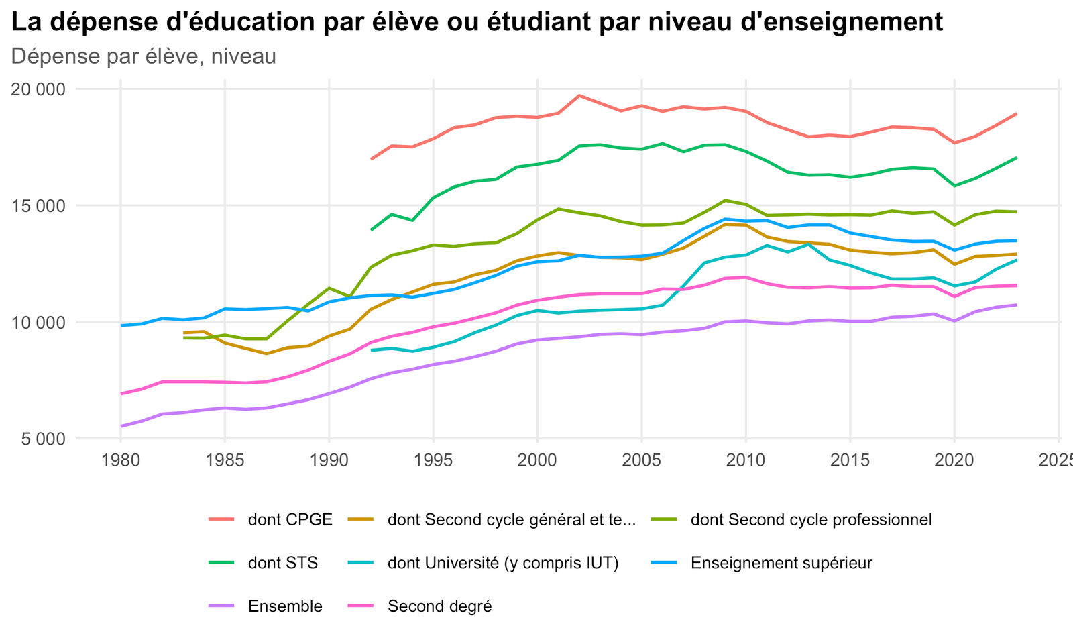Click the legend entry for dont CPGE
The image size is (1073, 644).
pyautogui.click(x=290, y=519)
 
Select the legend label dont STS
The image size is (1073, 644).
pyautogui.click(x=282, y=563)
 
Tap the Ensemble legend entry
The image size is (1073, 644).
pyautogui.click(x=285, y=606)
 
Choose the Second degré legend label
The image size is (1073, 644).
pyautogui.click(x=439, y=606)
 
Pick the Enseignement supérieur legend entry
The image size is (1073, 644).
pyautogui.click(x=781, y=563)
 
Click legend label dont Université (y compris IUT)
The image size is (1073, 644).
pyautogui.click(x=503, y=563)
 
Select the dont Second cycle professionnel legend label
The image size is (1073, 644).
pyautogui.click(x=811, y=519)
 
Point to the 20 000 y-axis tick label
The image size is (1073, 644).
pyautogui.click(x=37, y=89)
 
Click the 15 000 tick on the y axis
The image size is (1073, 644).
pyautogui.click(x=37, y=206)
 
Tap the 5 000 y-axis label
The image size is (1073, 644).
pyautogui.click(x=42, y=439)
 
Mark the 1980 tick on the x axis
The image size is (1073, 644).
pyautogui.click(x=120, y=460)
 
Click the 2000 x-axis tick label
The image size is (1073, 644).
pyautogui.click(x=537, y=460)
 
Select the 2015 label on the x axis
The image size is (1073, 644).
pyautogui.click(x=850, y=460)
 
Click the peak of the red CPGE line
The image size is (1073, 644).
pyautogui.click(x=579, y=95)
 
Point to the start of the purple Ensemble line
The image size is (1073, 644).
pyautogui.click(x=121, y=426)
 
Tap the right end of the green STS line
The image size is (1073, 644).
pyautogui.click(x=1016, y=158)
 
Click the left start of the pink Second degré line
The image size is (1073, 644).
pyautogui.click(x=121, y=393)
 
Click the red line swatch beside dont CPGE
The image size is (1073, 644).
pyautogui.click(x=221, y=519)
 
